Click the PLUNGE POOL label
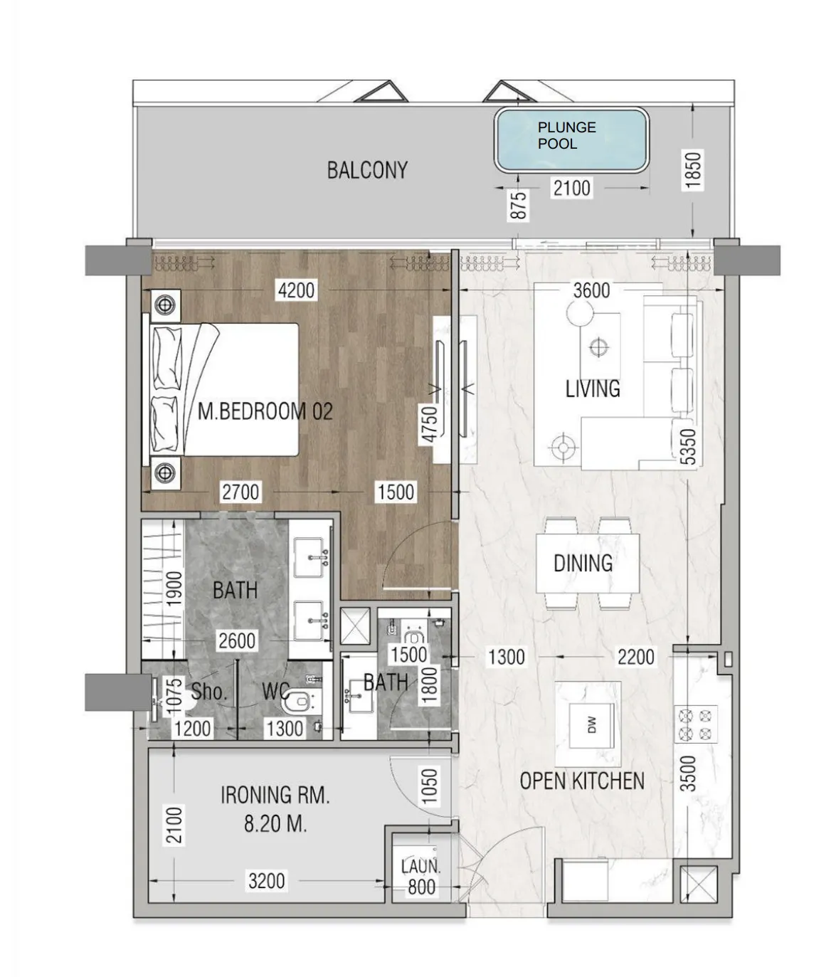pos(566,135)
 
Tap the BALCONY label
pos(367,170)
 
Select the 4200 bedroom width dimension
pos(296,290)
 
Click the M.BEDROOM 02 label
pos(265,411)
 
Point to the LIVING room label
pos(593,389)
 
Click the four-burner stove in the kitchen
pos(695,724)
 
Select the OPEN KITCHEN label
pos(582,781)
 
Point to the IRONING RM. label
pos(275,795)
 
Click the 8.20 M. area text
pos(275,824)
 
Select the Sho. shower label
pos(209,692)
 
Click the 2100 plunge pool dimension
pos(572,188)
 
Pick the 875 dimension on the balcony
pos(519,205)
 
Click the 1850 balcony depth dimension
pos(692,170)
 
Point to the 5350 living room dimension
pos(689,446)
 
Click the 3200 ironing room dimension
pos(267,881)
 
